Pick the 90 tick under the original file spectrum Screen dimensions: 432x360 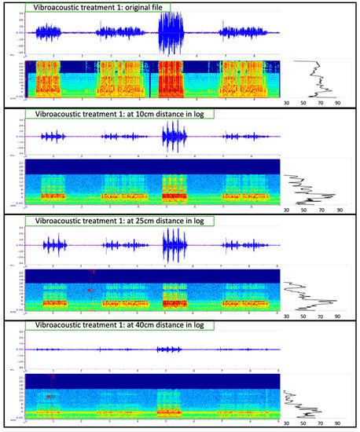click(338, 102)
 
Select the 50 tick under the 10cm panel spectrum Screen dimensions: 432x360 click(303, 210)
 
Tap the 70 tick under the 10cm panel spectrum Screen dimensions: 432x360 click(321, 210)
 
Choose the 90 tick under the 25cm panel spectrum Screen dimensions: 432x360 click(338, 317)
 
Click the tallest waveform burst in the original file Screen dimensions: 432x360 click(171, 33)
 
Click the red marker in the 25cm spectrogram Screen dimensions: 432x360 click(90, 290)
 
